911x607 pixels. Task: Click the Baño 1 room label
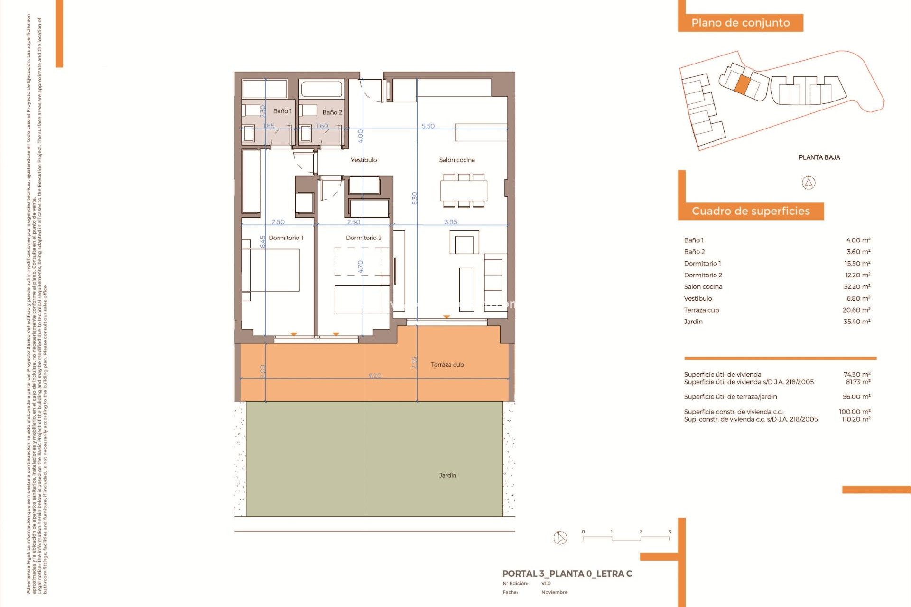click(x=282, y=111)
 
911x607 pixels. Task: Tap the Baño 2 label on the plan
click(x=332, y=112)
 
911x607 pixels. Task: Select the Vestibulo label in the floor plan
click(x=364, y=160)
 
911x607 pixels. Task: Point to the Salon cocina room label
click(x=457, y=160)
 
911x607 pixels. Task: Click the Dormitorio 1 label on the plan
click(x=286, y=238)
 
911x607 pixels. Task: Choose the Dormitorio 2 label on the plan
click(x=363, y=238)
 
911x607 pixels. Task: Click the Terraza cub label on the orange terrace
click(x=447, y=365)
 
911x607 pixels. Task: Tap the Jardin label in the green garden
click(x=447, y=475)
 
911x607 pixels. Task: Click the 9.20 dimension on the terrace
click(x=375, y=376)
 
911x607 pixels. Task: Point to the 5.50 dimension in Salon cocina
click(x=428, y=126)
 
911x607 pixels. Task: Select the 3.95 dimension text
click(x=451, y=222)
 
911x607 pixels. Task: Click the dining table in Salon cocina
click(x=464, y=191)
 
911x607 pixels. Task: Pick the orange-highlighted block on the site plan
click(x=743, y=84)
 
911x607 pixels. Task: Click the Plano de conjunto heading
click(x=740, y=23)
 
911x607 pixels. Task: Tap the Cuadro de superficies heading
click(x=751, y=211)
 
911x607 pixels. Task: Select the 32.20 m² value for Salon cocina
click(x=857, y=287)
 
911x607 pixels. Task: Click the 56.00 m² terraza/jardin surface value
click(x=856, y=397)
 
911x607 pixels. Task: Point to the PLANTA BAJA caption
click(x=819, y=157)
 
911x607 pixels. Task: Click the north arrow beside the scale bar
click(x=560, y=538)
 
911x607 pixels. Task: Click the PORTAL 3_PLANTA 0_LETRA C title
click(x=567, y=574)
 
